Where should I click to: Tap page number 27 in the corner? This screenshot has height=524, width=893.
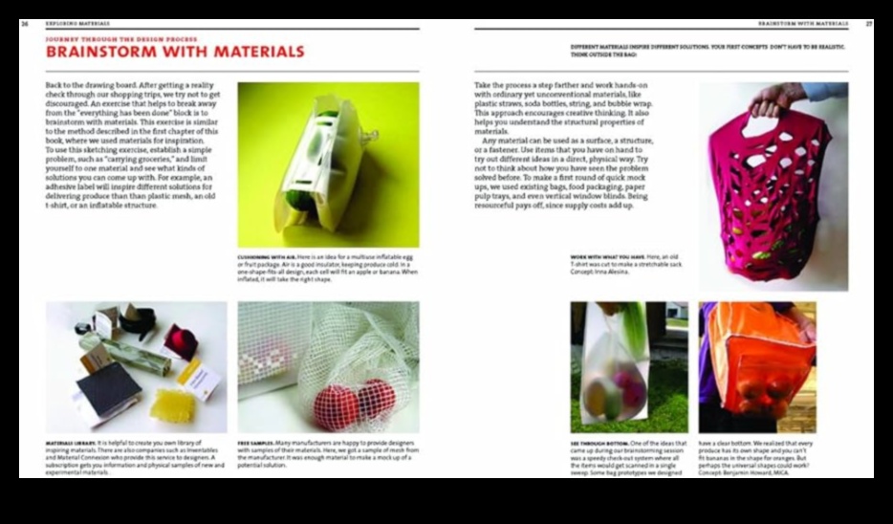click(x=868, y=24)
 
